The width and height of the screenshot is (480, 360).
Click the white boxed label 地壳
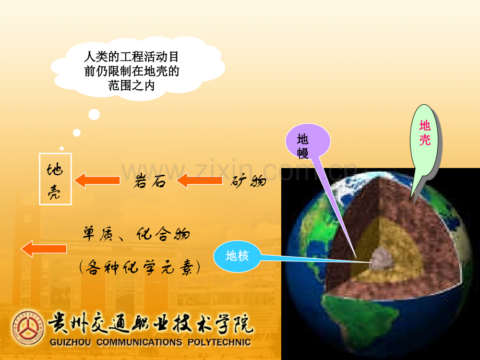tap(55, 179)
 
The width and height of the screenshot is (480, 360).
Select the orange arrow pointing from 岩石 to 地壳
tap(97, 181)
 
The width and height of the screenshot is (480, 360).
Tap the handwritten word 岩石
tap(150, 181)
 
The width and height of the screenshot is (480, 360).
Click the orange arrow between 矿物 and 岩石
tap(199, 181)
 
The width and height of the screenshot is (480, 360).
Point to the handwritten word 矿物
tap(248, 181)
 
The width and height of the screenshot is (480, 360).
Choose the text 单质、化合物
tap(136, 234)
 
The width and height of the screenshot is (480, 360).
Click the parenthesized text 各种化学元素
tap(140, 268)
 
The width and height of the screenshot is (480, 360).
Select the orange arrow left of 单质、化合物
tap(44, 248)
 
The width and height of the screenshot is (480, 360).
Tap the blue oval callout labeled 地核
tap(237, 256)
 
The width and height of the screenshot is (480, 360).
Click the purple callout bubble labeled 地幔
tap(308, 141)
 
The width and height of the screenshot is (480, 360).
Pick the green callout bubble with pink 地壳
tap(425, 141)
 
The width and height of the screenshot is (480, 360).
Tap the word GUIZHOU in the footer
tap(70, 342)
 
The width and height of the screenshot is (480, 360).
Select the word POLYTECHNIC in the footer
tap(220, 342)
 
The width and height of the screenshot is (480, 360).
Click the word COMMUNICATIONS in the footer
tap(139, 342)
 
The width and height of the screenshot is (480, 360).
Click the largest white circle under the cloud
tap(94, 114)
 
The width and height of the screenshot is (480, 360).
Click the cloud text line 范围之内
tap(131, 86)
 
